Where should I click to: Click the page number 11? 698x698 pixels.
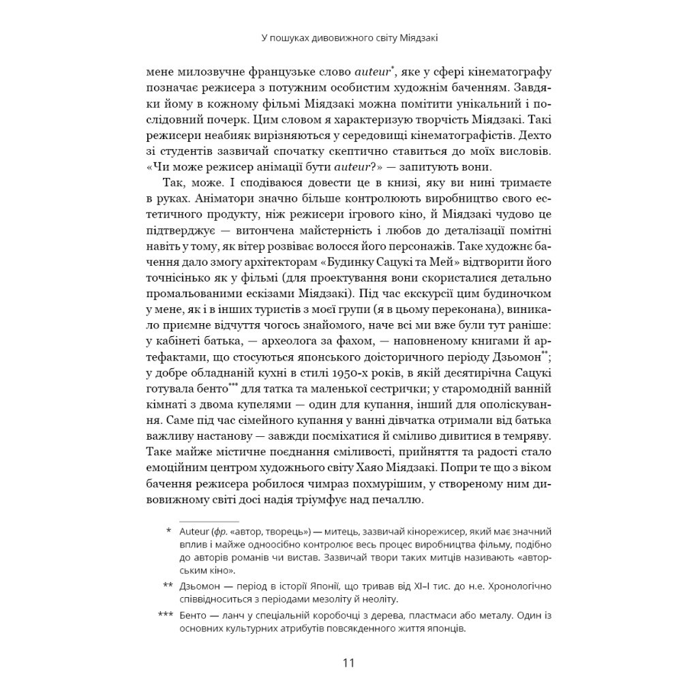(x=349, y=663)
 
